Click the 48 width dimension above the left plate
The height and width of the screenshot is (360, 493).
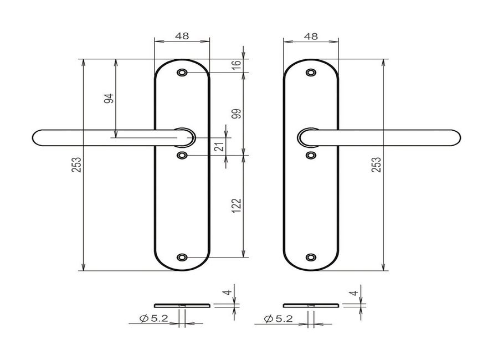point(182,36)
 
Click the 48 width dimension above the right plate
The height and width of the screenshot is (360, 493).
point(311,37)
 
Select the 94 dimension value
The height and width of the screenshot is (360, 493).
point(109,99)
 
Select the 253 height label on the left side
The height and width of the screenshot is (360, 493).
point(76,164)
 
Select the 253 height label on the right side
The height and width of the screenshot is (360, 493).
point(376,164)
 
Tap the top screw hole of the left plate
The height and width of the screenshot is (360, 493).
point(182,73)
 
